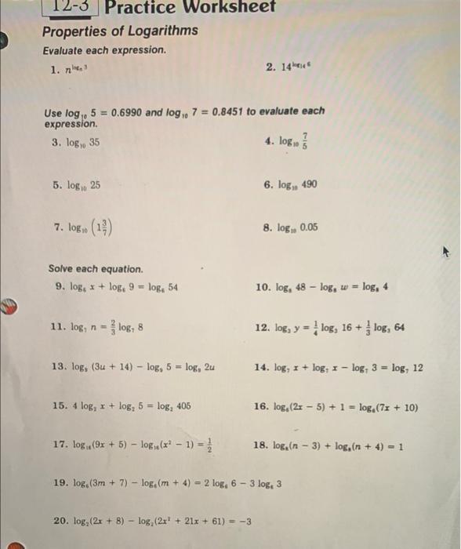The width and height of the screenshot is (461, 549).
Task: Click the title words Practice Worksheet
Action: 190,7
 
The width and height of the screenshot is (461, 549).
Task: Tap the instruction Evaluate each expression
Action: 104,50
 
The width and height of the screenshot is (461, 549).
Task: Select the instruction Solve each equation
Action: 95,268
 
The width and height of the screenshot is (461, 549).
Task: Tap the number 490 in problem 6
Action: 307,185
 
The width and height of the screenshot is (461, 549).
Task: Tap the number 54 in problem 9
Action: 171,287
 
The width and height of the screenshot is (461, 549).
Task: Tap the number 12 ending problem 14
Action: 417,367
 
